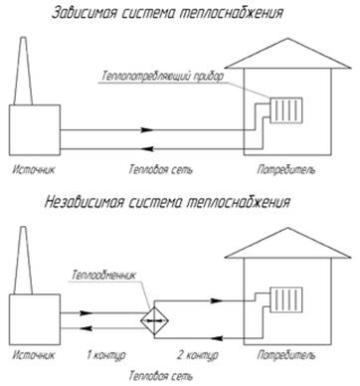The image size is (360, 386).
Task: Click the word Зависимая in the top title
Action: pyautogui.click(x=85, y=13)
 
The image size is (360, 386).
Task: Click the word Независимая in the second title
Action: pyautogui.click(x=84, y=202)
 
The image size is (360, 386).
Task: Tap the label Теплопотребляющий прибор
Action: pyautogui.click(x=163, y=76)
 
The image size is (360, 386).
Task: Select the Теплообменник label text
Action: pyautogui.click(x=103, y=275)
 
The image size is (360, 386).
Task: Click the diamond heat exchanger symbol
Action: pyautogui.click(x=154, y=320)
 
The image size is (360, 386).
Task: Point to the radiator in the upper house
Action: pyautogui.click(x=286, y=110)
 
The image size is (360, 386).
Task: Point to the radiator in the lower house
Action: pyautogui.click(x=286, y=299)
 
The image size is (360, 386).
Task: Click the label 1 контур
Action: pyautogui.click(x=106, y=355)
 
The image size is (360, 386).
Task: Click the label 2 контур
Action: pyautogui.click(x=198, y=355)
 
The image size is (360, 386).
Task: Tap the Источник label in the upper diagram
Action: pyautogui.click(x=34, y=170)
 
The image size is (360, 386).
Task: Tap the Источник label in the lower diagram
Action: pyautogui.click(x=34, y=355)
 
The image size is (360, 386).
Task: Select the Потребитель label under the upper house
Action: pyautogui.click(x=286, y=170)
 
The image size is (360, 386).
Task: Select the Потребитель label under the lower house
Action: pyautogui.click(x=286, y=355)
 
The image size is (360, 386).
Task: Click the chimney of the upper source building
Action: pyautogui.click(x=23, y=72)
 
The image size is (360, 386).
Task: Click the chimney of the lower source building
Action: pyautogui.click(x=23, y=261)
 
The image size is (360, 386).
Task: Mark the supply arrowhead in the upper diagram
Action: pyautogui.click(x=147, y=130)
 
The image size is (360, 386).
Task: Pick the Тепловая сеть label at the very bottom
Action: pyautogui.click(x=160, y=376)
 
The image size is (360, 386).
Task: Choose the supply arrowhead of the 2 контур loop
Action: pyautogui.click(x=217, y=300)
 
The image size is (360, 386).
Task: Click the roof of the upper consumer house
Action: pyautogui.click(x=287, y=54)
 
